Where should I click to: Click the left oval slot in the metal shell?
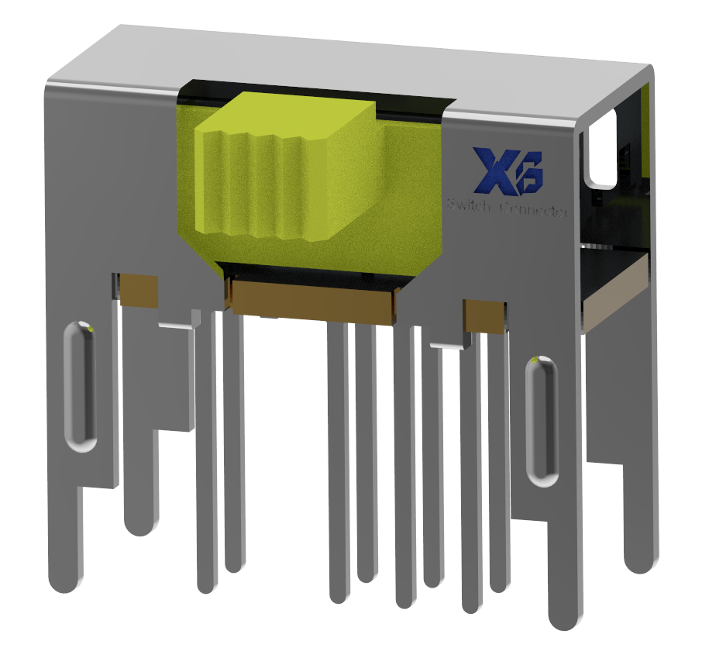[78, 385]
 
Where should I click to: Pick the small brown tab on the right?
[486, 315]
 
